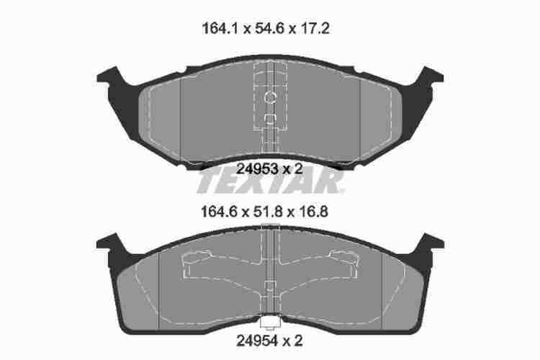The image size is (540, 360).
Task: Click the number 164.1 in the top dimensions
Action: click(x=220, y=29)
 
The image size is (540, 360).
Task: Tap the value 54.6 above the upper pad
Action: click(x=270, y=29)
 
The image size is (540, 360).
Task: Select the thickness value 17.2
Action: click(x=315, y=29)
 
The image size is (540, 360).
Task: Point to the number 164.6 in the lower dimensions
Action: click(x=219, y=212)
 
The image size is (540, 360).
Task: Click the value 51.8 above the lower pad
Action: click(x=269, y=212)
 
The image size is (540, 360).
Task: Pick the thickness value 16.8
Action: click(x=314, y=212)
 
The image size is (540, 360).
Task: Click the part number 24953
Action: click(x=258, y=168)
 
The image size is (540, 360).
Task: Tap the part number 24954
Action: click(x=257, y=341)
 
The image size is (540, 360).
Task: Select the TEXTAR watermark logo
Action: click(x=271, y=181)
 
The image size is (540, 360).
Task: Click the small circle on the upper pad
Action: click(x=270, y=97)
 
